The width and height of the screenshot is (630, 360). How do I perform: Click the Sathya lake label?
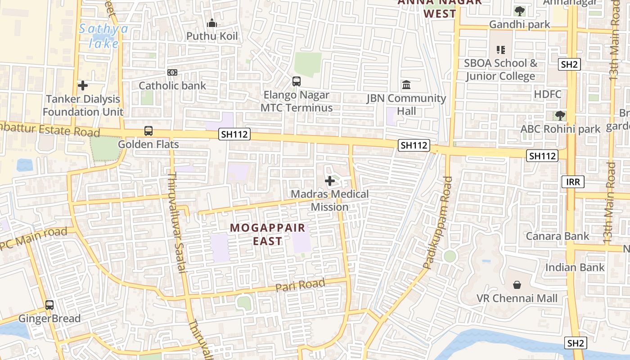103,36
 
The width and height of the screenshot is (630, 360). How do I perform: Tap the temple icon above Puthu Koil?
212,23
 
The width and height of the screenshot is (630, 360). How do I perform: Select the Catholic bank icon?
172,72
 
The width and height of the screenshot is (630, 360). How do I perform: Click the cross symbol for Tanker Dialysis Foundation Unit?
83,85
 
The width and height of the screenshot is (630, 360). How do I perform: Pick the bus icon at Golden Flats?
148,131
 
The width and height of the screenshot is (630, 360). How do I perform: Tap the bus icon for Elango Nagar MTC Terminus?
297,81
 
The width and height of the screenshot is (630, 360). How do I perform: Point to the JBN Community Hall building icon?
406,85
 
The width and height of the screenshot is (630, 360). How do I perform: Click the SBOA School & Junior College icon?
501,49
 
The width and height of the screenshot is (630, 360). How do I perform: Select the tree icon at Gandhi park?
520,11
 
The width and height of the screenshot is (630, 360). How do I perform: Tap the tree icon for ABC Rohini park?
560,116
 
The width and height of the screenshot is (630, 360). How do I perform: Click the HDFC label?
548,94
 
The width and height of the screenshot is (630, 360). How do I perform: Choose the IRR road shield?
573,182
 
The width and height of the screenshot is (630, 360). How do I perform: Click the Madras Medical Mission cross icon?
330,181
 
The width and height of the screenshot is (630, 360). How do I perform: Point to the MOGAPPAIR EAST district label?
268,234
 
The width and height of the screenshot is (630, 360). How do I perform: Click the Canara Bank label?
558,236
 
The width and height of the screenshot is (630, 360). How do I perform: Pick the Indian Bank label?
575,267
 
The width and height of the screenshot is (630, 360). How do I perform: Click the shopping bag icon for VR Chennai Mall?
517,285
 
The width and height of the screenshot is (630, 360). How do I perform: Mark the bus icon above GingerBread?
49,305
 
